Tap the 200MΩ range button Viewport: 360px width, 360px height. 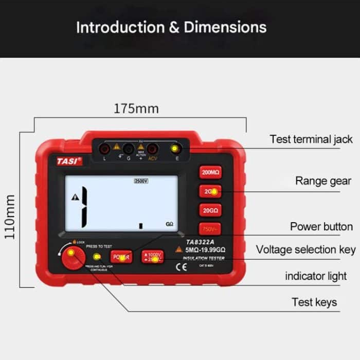tap(210, 173)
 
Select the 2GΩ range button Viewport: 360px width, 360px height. tap(210, 191)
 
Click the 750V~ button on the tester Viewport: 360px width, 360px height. tap(210, 229)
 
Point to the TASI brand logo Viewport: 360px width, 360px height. tap(69, 161)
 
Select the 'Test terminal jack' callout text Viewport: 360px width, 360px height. tap(311, 139)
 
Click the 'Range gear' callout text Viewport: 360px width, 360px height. tap(323, 181)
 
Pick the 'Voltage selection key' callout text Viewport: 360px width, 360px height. tap(305, 250)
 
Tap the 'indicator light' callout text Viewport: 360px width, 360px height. tap(316, 276)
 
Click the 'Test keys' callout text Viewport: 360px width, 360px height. tap(314, 302)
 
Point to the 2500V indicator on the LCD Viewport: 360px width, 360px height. tap(140, 181)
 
